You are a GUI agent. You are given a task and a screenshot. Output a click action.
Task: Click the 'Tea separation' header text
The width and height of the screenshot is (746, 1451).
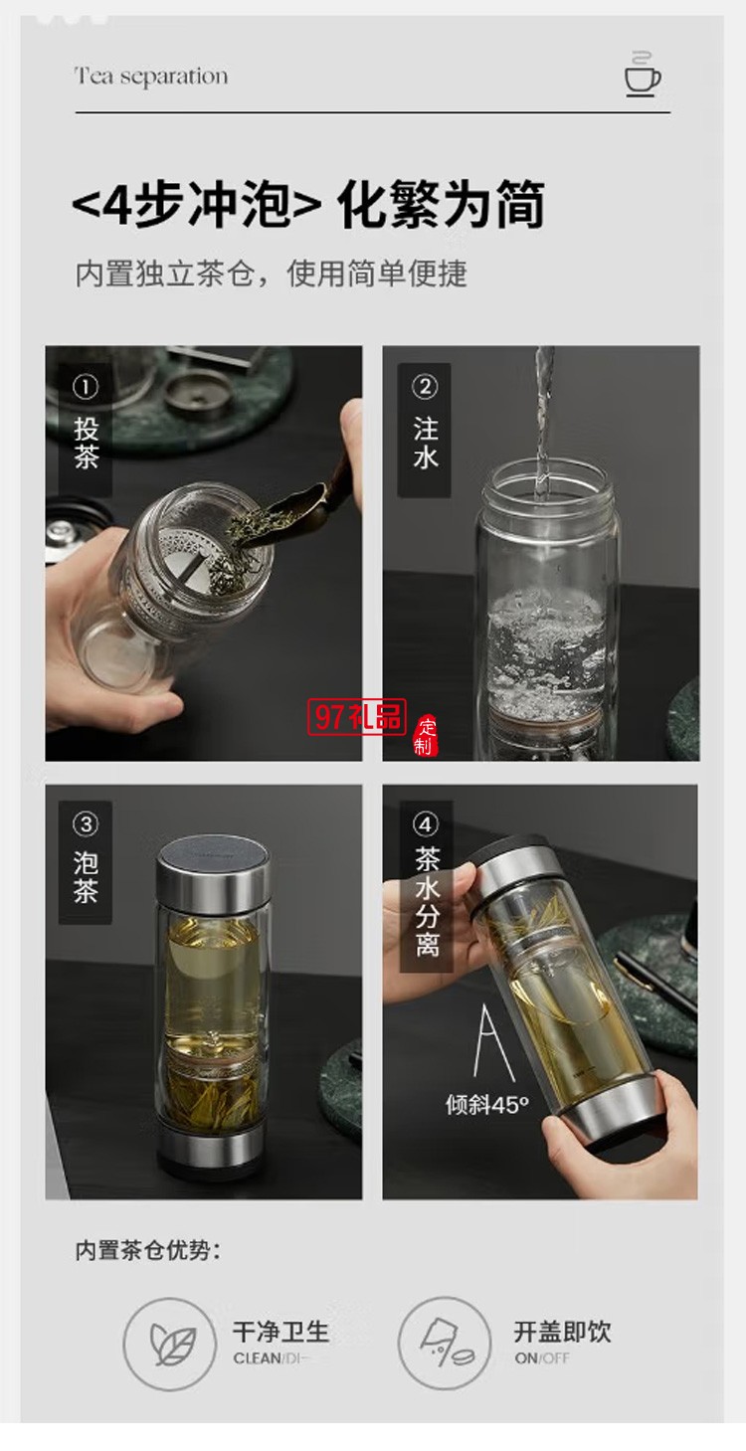(x=151, y=77)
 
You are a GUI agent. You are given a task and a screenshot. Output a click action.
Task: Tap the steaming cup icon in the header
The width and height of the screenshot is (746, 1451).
(x=644, y=75)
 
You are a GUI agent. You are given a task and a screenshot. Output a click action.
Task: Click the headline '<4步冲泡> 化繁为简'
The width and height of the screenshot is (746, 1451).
(x=308, y=206)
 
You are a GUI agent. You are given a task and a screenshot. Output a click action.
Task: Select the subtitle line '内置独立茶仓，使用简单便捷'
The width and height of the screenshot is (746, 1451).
(x=271, y=273)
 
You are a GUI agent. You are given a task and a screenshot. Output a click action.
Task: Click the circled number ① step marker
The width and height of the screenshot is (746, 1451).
(x=87, y=387)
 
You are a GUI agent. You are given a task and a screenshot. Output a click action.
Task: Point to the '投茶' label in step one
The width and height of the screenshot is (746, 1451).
(x=87, y=444)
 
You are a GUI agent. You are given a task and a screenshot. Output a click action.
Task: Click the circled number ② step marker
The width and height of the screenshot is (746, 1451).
(x=425, y=387)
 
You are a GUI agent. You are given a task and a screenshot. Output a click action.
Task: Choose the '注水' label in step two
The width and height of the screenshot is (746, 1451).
(x=425, y=444)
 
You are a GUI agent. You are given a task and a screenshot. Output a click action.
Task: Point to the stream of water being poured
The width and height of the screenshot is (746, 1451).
(x=543, y=418)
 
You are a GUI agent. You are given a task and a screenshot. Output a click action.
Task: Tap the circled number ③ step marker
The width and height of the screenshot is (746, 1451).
(x=86, y=824)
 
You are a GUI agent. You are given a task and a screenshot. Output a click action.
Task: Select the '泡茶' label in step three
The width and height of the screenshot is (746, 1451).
(x=86, y=877)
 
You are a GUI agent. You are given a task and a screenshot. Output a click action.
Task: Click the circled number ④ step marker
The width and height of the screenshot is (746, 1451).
(x=426, y=824)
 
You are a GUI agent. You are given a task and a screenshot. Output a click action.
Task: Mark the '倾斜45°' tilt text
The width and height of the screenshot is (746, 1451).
(x=487, y=1105)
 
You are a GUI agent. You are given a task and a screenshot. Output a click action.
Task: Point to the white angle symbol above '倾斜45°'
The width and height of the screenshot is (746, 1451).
(x=493, y=1043)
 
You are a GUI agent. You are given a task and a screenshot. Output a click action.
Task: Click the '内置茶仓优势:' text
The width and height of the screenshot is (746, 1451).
(x=148, y=1250)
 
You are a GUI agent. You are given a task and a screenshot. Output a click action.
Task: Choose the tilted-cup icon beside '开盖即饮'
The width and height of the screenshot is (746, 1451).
(x=444, y=1342)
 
